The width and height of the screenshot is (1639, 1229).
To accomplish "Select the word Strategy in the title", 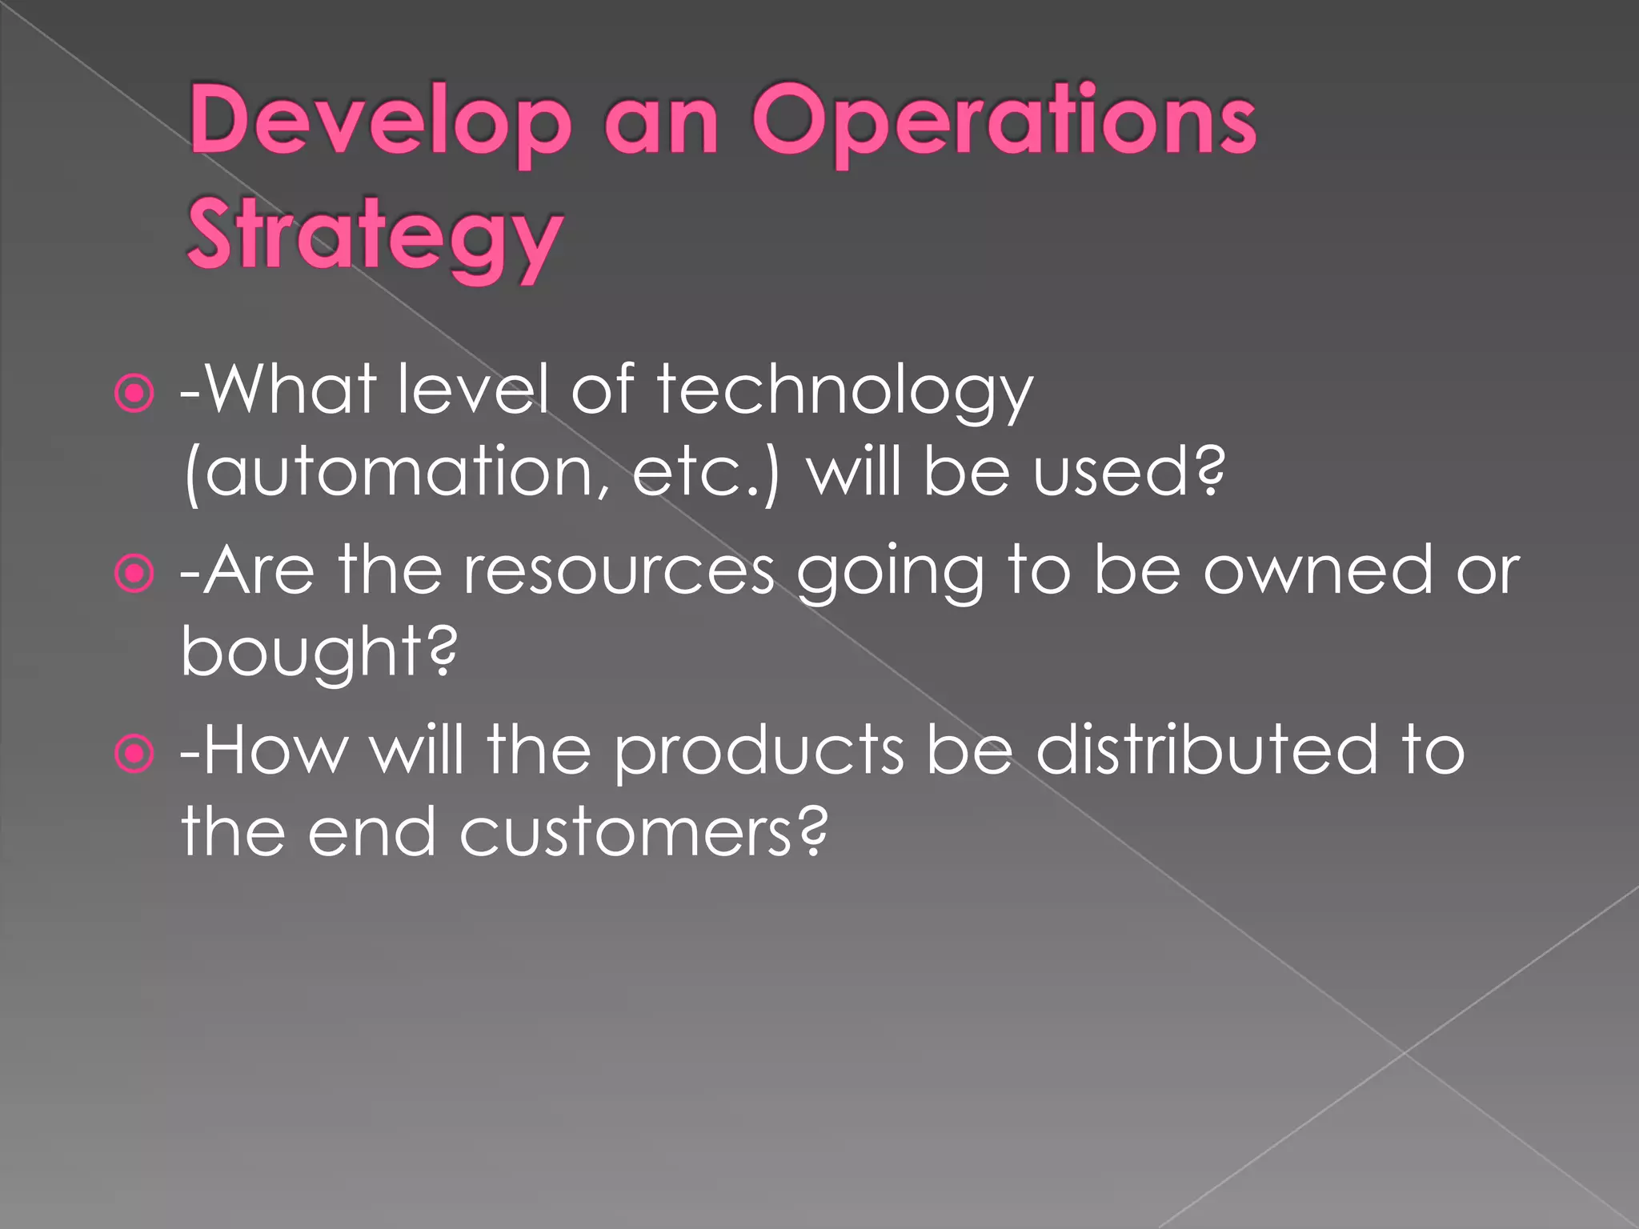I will pos(375,236).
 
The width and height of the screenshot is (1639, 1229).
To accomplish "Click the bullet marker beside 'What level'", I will pos(134,393).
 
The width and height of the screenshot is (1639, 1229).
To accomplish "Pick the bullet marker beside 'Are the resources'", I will pos(134,573).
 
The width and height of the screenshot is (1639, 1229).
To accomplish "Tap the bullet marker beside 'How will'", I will pos(134,753).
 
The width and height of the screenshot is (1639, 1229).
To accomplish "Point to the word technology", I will pos(845,392).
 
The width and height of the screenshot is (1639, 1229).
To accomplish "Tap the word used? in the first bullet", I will pos(1129,472).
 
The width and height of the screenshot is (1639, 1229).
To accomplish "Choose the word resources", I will pos(619,572).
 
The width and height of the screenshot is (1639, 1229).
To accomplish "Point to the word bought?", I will pos(319,652).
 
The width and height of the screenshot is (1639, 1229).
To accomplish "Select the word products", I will pos(759,752).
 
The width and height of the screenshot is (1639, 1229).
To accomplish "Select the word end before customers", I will pos(372,832).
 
